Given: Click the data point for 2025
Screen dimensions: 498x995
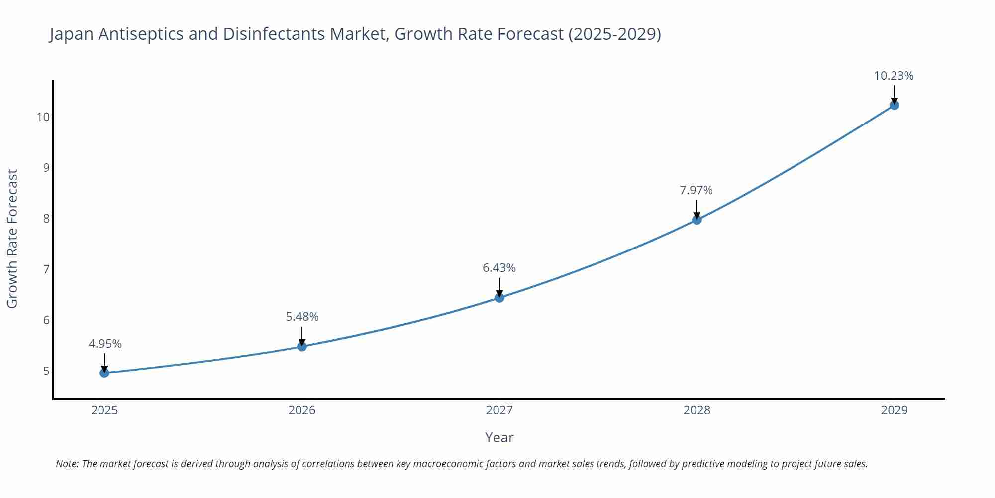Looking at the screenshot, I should click(104, 373).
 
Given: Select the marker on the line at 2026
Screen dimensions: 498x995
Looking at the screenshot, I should click(302, 346).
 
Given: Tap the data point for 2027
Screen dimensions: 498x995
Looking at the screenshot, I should click(499, 298).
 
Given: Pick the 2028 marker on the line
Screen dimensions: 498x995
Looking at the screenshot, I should click(697, 220).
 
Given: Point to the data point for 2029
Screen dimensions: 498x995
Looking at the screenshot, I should click(894, 105).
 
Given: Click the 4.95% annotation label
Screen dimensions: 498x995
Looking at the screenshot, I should click(105, 344).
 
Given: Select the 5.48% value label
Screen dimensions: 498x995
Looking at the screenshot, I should click(302, 317).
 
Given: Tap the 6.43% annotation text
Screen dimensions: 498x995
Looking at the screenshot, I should click(499, 268).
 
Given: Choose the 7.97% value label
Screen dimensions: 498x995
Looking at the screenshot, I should click(696, 190).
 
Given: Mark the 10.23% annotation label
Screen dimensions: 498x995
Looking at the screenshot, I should click(894, 76).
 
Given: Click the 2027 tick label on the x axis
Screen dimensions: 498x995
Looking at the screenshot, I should click(499, 410).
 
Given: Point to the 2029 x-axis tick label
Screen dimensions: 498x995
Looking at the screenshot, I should click(894, 410).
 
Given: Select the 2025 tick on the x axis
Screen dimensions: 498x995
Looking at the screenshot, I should click(104, 410).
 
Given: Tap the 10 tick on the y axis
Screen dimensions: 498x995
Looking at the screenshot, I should click(43, 117).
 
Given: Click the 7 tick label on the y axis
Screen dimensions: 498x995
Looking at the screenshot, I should click(46, 269).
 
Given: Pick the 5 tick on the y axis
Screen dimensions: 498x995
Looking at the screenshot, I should click(46, 371).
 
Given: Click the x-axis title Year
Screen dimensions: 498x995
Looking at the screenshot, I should click(499, 437).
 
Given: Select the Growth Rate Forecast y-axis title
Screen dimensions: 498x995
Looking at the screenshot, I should click(12, 239).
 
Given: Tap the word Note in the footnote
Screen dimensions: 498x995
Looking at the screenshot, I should click(67, 464).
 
